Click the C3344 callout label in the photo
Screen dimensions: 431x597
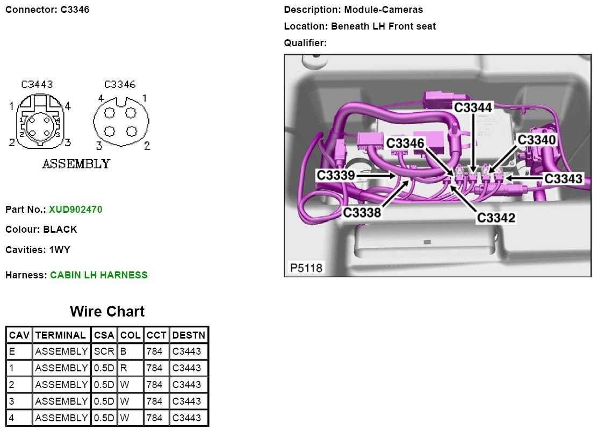[x=473, y=107]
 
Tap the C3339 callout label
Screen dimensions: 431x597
[x=336, y=175]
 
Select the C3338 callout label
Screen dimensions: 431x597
[x=362, y=212]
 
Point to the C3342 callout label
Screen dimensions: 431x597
[x=497, y=218]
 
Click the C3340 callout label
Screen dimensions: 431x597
[x=537, y=140]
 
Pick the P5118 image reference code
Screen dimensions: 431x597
[x=306, y=267]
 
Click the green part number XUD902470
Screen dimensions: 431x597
[x=75, y=209]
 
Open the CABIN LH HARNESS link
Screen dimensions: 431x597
[x=99, y=275]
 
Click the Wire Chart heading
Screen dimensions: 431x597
[x=107, y=312]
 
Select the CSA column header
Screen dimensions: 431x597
[x=104, y=335]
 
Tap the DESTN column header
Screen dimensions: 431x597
[x=189, y=335]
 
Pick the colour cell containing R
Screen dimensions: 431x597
[x=123, y=369]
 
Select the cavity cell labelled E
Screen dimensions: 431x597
[x=12, y=352]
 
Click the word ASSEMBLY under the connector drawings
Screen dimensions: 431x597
[x=76, y=163]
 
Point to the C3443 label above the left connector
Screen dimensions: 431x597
[x=37, y=85]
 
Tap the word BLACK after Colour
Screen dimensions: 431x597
[x=60, y=229]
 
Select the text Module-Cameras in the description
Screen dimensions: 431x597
[x=384, y=10]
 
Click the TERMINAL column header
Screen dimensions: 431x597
[x=60, y=335]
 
